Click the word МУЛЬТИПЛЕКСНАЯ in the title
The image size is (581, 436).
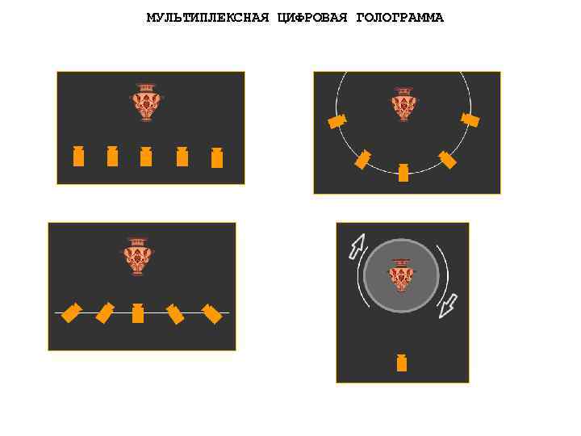tap(207, 18)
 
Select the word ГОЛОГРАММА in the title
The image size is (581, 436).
tap(399, 18)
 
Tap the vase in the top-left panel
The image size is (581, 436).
tap(146, 102)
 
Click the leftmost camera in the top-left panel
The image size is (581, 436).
tap(78, 156)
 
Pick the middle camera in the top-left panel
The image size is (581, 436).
tap(146, 156)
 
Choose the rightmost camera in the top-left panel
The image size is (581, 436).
tap(216, 157)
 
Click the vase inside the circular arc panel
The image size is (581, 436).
tap(403, 103)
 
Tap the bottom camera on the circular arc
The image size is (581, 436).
tap(403, 172)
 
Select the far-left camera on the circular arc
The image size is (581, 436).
tap(337, 121)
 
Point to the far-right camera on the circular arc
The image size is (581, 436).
tap(470, 120)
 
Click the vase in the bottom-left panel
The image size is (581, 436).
tap(138, 255)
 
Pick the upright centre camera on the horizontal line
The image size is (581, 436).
tap(138, 312)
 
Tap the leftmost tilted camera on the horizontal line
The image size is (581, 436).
tap(73, 312)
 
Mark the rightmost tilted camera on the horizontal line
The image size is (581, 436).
tap(211, 313)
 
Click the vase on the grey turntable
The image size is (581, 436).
tap(400, 275)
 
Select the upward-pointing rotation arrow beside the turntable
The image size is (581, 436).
tap(356, 246)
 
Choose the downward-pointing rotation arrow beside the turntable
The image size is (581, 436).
tap(447, 306)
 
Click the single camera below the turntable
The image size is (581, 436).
tap(401, 363)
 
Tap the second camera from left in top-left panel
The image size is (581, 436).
tap(112, 156)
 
